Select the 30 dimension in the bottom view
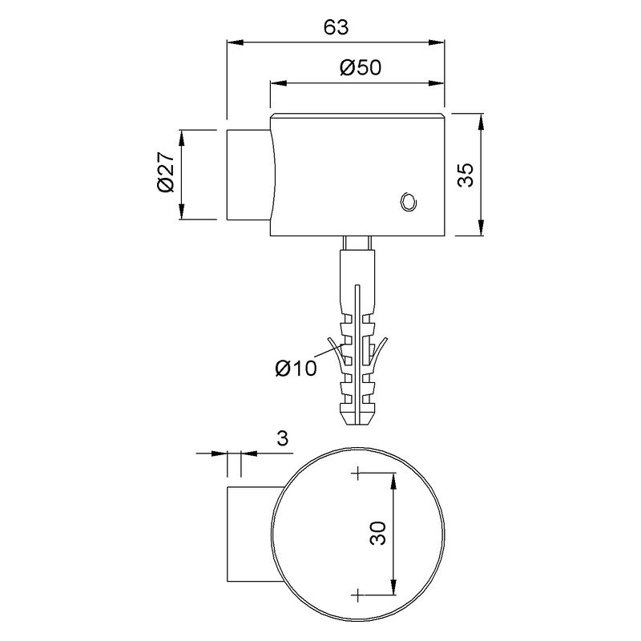click(x=379, y=533)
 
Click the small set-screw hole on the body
click(x=408, y=201)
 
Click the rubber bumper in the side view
click(x=249, y=174)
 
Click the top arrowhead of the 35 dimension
click(x=481, y=120)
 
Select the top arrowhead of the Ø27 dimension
click(x=182, y=135)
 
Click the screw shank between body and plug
click(x=357, y=243)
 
